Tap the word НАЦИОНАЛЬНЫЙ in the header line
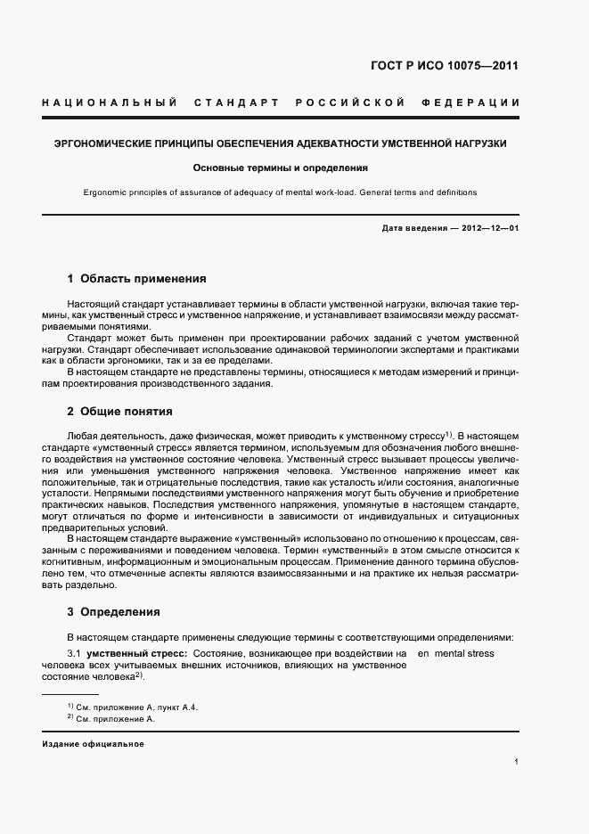point(110,103)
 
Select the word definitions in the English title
point(454,192)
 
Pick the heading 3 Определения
point(113,612)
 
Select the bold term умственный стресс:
point(135,654)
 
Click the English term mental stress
point(463,654)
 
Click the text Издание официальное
point(93,744)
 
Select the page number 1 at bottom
point(516,762)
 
